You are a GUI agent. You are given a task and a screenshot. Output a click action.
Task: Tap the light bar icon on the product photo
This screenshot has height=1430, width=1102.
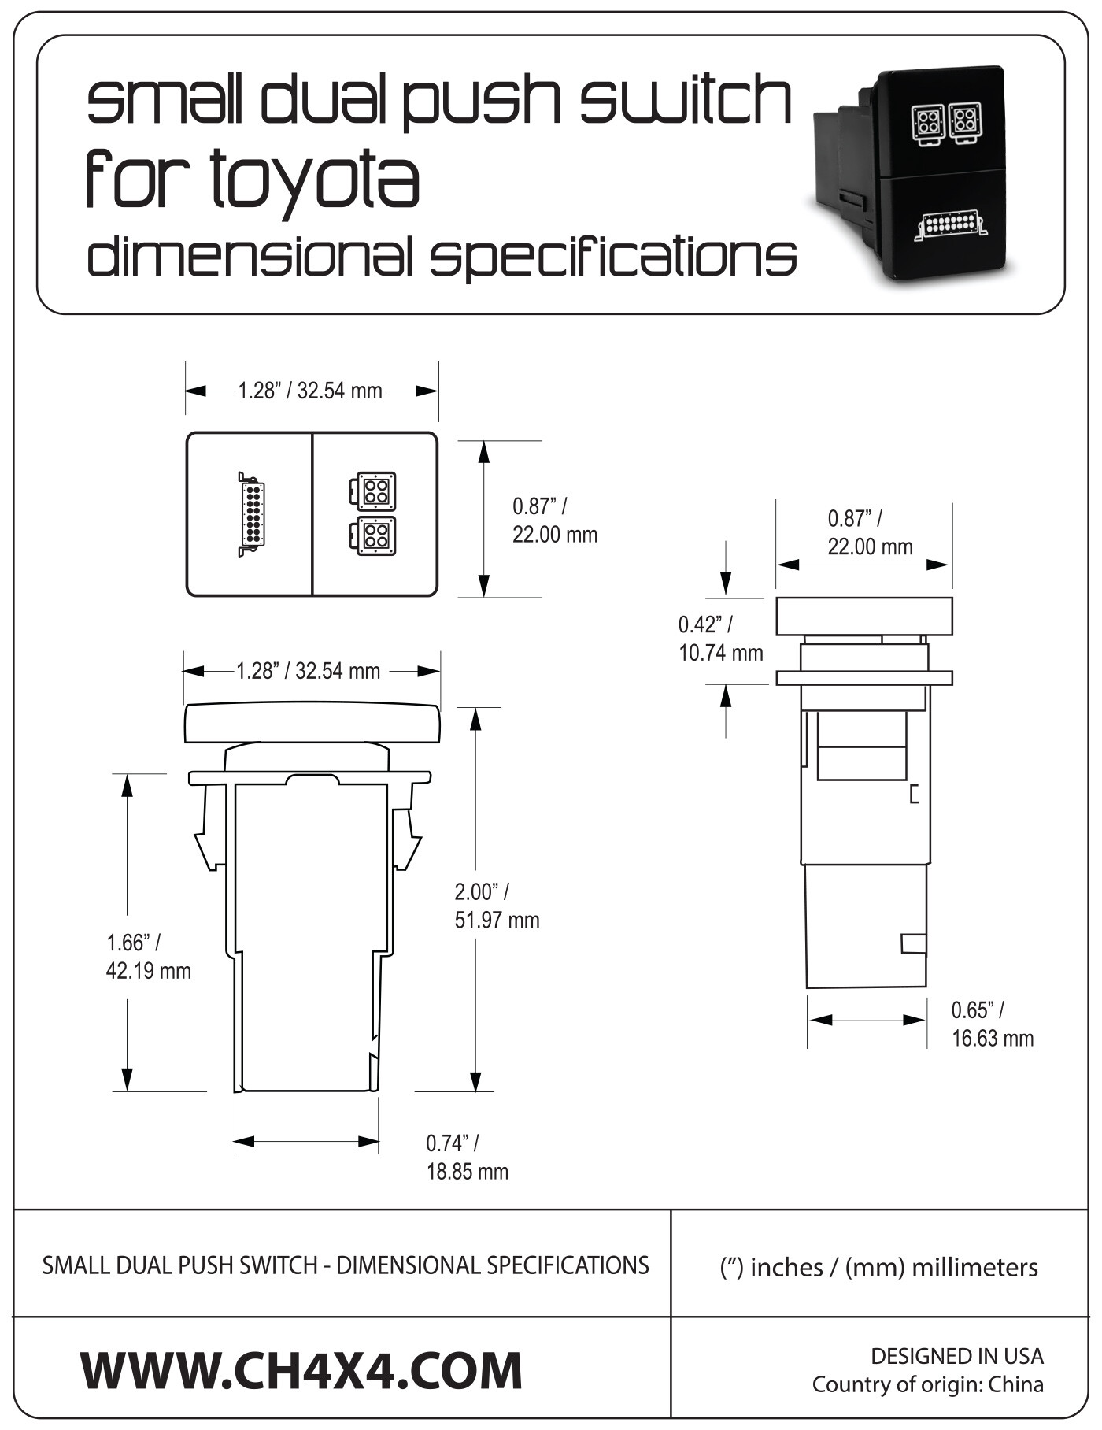[951, 225]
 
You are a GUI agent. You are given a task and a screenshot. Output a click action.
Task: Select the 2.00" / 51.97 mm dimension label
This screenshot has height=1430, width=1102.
[497, 906]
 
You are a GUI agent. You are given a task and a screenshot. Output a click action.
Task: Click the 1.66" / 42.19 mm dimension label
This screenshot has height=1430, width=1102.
[148, 956]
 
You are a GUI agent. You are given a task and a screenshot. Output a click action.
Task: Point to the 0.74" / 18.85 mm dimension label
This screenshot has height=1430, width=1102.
[467, 1157]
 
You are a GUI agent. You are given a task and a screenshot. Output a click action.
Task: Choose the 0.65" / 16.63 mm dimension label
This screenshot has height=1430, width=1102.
[992, 1024]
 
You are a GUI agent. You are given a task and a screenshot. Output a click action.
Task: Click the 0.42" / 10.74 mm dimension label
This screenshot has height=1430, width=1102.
[720, 639]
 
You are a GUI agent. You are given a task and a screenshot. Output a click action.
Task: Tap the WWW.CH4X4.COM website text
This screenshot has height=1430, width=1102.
[301, 1370]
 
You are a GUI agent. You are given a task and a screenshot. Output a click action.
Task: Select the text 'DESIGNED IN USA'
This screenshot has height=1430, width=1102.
[956, 1356]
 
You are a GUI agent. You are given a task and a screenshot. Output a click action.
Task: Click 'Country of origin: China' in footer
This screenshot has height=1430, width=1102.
[927, 1384]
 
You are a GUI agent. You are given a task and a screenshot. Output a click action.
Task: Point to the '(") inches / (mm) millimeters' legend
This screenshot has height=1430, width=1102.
[878, 1267]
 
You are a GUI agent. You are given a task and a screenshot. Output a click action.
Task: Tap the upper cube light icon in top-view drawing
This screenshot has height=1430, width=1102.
[373, 491]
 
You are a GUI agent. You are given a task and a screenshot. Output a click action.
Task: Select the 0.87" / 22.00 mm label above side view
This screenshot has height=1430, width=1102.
[869, 532]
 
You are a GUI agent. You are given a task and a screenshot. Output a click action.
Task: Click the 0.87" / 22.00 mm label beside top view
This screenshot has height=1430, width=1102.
[554, 521]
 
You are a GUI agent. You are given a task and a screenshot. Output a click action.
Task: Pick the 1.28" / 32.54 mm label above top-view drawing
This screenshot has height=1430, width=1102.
[310, 391]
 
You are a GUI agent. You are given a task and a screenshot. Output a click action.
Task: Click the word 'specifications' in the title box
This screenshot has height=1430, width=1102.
[612, 257]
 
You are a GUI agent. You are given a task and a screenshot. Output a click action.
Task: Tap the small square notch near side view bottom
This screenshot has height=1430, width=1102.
[913, 943]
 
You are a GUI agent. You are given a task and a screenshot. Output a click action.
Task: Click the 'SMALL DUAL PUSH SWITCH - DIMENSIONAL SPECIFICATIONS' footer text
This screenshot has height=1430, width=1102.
[345, 1265]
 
